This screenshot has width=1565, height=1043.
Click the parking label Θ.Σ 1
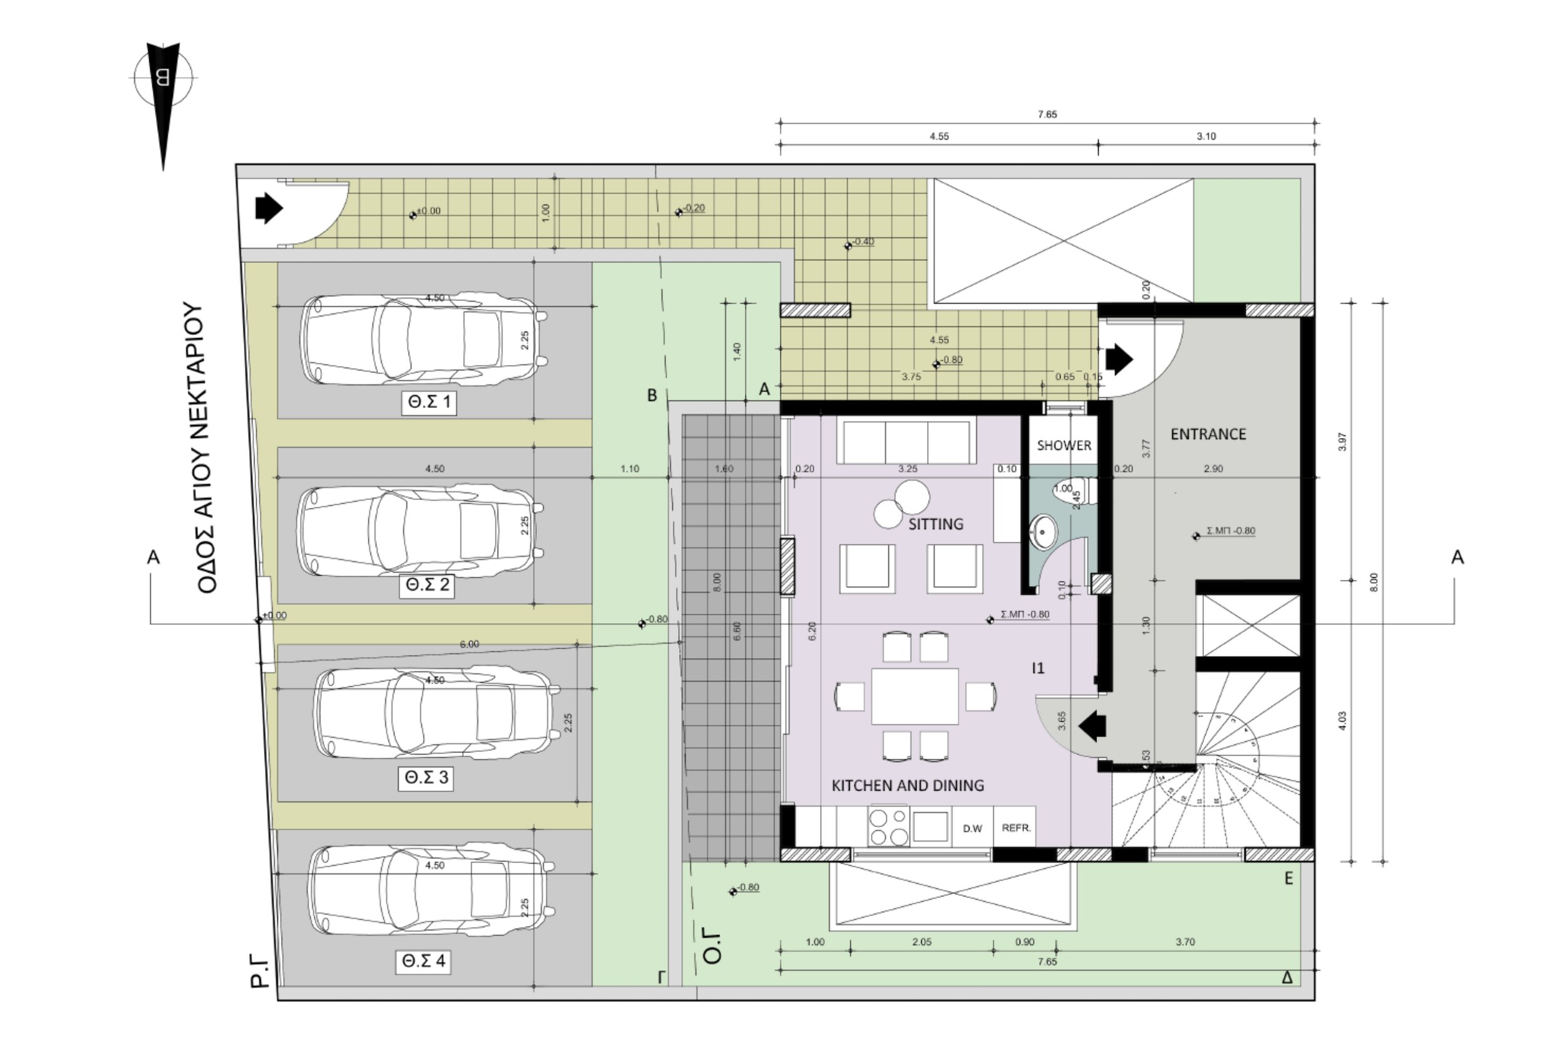tap(429, 402)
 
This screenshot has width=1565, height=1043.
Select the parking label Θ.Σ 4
tap(423, 962)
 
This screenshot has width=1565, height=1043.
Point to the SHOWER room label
tap(1064, 445)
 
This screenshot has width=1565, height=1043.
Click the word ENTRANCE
tap(1208, 434)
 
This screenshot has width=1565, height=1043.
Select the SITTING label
tap(935, 524)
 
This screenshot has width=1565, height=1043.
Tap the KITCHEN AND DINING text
tap(908, 786)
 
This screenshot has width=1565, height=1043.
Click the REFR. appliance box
tap(1015, 828)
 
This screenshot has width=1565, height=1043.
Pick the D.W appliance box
tap(972, 828)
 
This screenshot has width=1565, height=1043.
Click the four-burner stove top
tap(888, 827)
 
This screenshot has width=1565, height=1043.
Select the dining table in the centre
tap(914, 696)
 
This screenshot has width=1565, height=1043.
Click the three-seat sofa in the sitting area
tap(906, 441)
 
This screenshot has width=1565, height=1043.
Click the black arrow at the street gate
tap(269, 208)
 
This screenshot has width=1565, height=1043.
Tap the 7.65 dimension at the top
tap(1047, 114)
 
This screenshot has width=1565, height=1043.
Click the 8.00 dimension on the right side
tap(1374, 582)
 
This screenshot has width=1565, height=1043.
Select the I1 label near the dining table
tap(1038, 668)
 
